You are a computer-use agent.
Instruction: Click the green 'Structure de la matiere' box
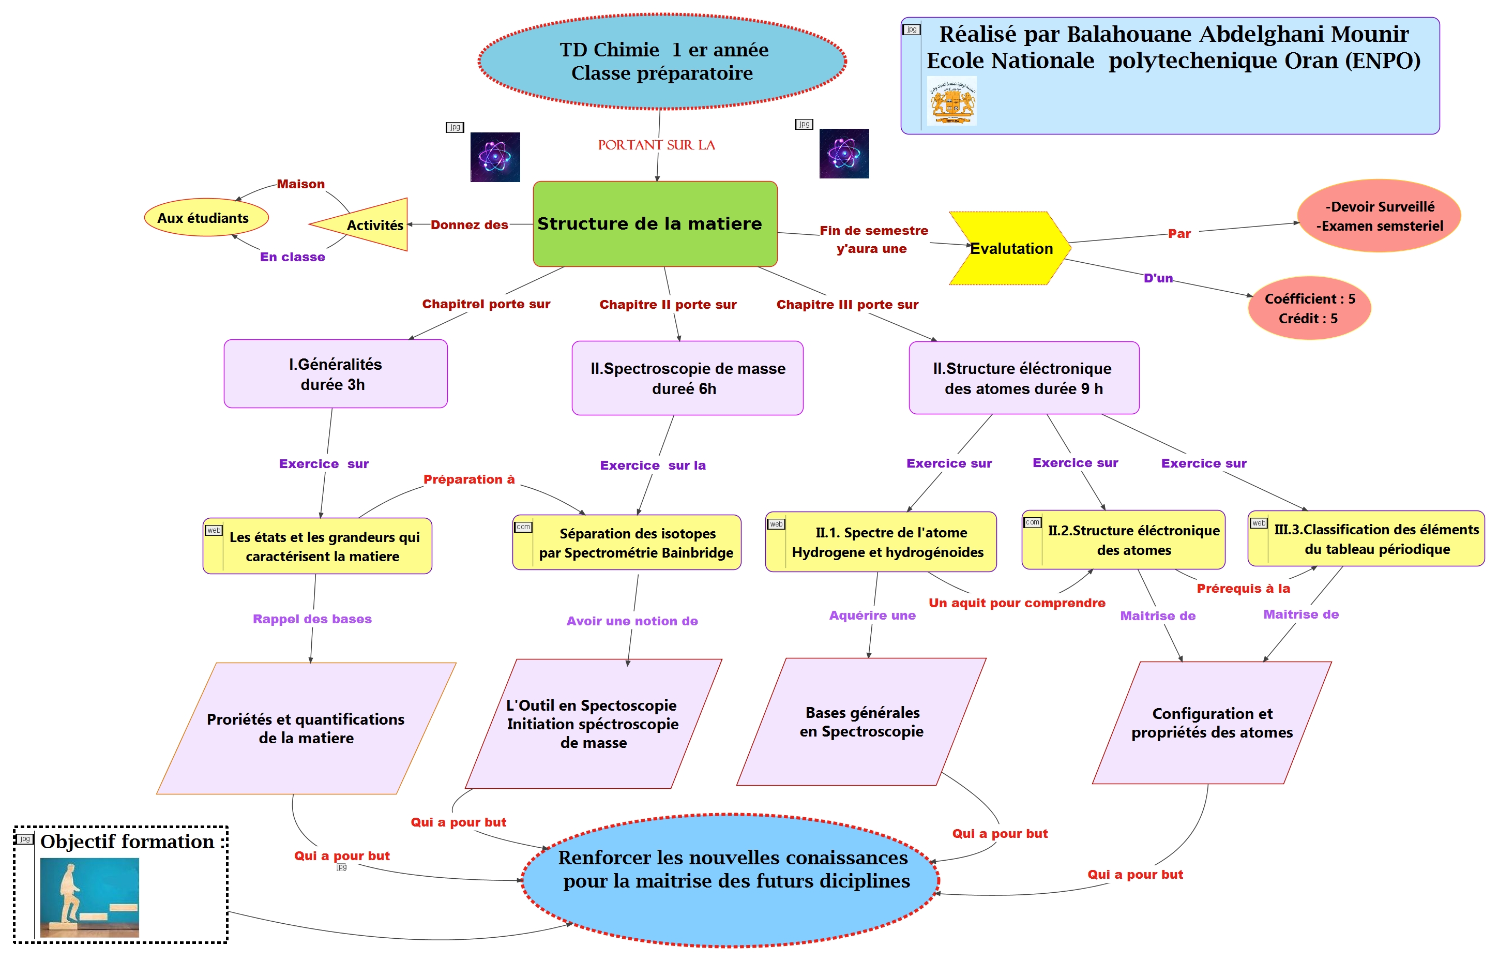[x=655, y=223]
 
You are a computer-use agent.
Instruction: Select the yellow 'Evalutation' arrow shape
[x=1009, y=248]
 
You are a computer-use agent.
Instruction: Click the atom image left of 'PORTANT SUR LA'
[x=495, y=157]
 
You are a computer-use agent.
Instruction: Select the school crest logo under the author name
[x=951, y=101]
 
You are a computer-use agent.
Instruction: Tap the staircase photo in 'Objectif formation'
[x=89, y=897]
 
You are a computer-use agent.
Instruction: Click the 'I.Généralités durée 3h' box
[x=335, y=374]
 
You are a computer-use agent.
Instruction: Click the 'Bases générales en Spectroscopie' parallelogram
[x=861, y=722]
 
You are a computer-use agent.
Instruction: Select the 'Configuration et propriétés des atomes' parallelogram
[x=1211, y=723]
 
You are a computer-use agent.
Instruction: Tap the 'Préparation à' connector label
[x=468, y=479]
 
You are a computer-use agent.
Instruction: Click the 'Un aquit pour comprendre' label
[x=1017, y=603]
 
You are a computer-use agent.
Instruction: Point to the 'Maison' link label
[x=301, y=184]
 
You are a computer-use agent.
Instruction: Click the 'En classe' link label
[x=292, y=257]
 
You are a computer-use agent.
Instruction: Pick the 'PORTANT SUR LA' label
[x=656, y=145]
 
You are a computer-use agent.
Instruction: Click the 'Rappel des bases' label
[x=312, y=619]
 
